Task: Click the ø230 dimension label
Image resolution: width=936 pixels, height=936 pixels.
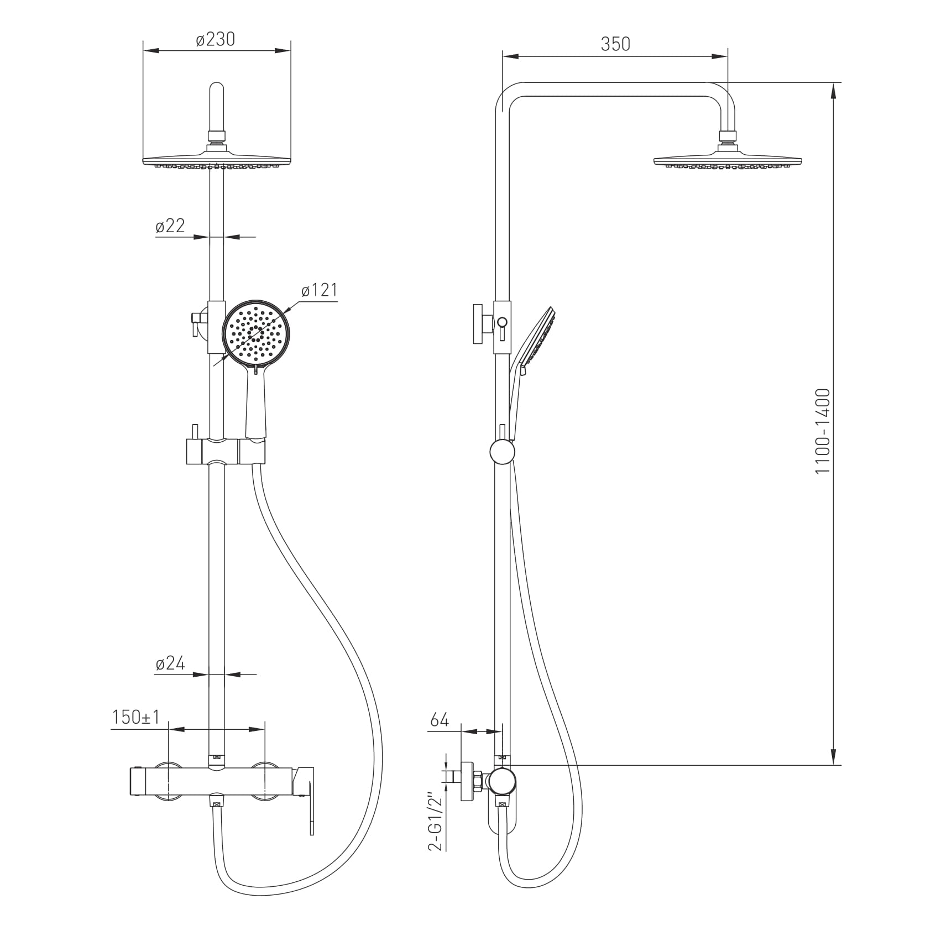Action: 216,39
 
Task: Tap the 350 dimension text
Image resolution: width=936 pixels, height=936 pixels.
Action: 615,44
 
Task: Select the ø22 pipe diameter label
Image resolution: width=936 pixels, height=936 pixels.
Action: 170,226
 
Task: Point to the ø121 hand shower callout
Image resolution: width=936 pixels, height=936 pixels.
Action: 319,290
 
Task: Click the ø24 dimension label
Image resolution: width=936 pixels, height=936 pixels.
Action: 170,663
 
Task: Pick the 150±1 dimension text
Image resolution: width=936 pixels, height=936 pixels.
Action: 136,718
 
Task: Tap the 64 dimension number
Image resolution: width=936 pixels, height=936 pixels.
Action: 440,720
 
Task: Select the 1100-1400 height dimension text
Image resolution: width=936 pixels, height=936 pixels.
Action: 823,431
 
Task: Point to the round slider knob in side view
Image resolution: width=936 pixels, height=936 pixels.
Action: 502,452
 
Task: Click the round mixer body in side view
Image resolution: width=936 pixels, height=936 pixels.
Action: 502,781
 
